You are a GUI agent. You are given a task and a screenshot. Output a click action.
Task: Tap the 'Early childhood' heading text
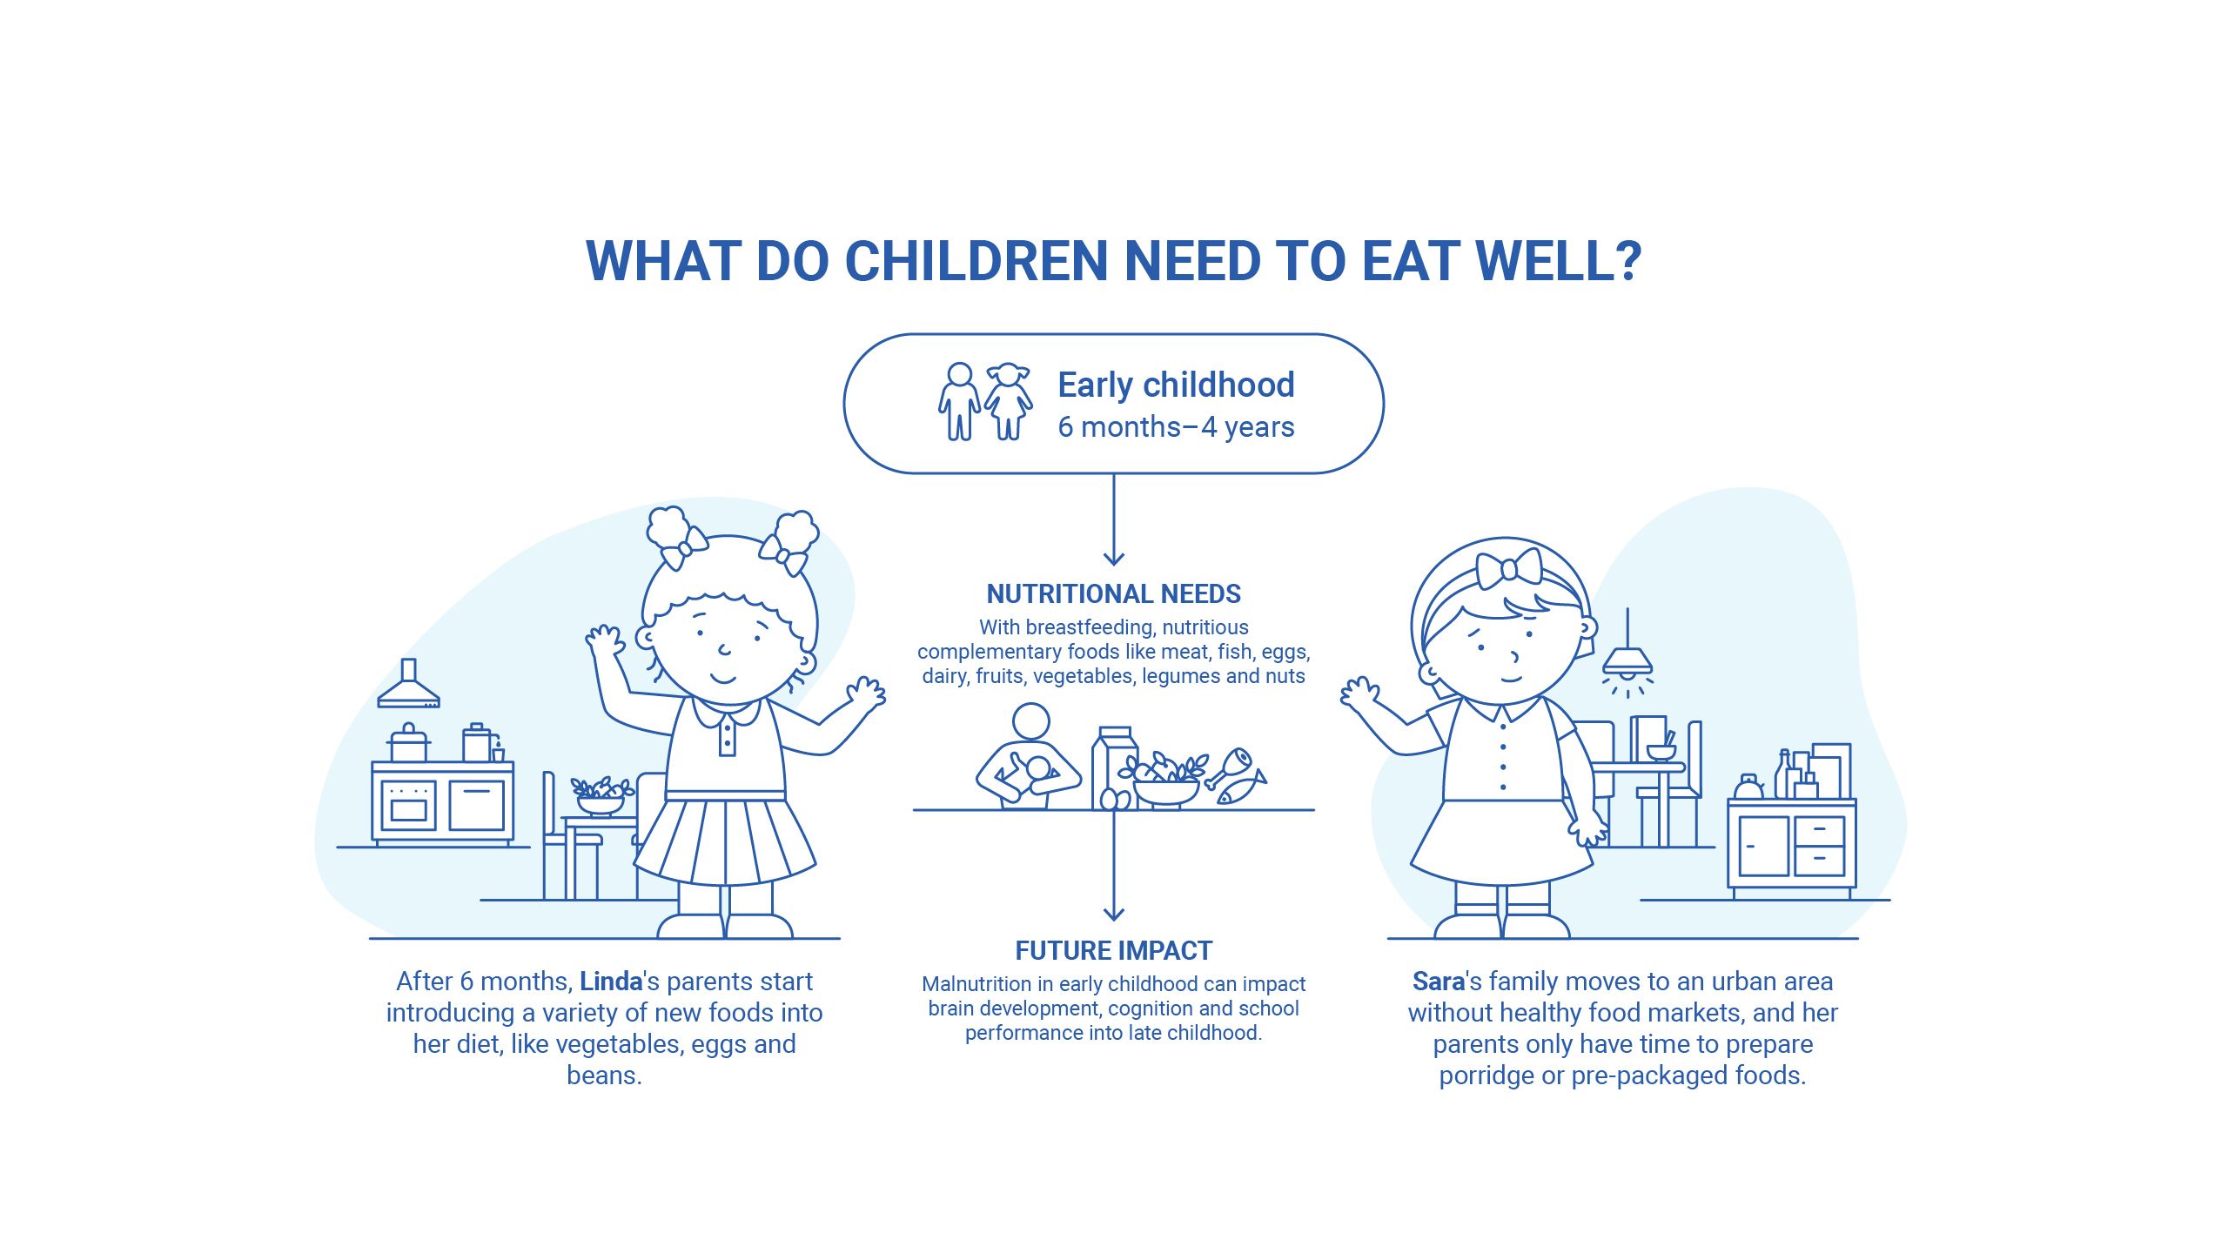[x=1176, y=385]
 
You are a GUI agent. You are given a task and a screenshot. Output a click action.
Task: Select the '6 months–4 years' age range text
[x=1176, y=427]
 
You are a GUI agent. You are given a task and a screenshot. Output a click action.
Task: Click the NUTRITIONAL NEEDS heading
[x=1113, y=593]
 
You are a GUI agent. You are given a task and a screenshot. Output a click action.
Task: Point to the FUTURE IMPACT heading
[x=1113, y=950]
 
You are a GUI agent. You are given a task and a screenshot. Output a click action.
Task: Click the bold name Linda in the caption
[x=611, y=982]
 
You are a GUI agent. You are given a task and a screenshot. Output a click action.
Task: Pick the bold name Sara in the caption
[x=1438, y=982]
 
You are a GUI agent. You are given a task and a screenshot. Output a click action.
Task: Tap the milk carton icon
[x=1114, y=766]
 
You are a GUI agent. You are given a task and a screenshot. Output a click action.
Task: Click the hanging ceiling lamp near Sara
[x=1627, y=660]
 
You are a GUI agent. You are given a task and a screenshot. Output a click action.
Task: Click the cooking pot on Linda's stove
[x=408, y=744]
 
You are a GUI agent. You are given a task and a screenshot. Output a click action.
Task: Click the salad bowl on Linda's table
[x=601, y=796]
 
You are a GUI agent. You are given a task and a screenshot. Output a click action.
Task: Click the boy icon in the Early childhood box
[x=959, y=401]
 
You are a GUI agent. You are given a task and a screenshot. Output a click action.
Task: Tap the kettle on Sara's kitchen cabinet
[x=1748, y=787]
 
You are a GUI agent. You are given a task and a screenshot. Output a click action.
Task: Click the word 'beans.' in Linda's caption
[x=604, y=1075]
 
